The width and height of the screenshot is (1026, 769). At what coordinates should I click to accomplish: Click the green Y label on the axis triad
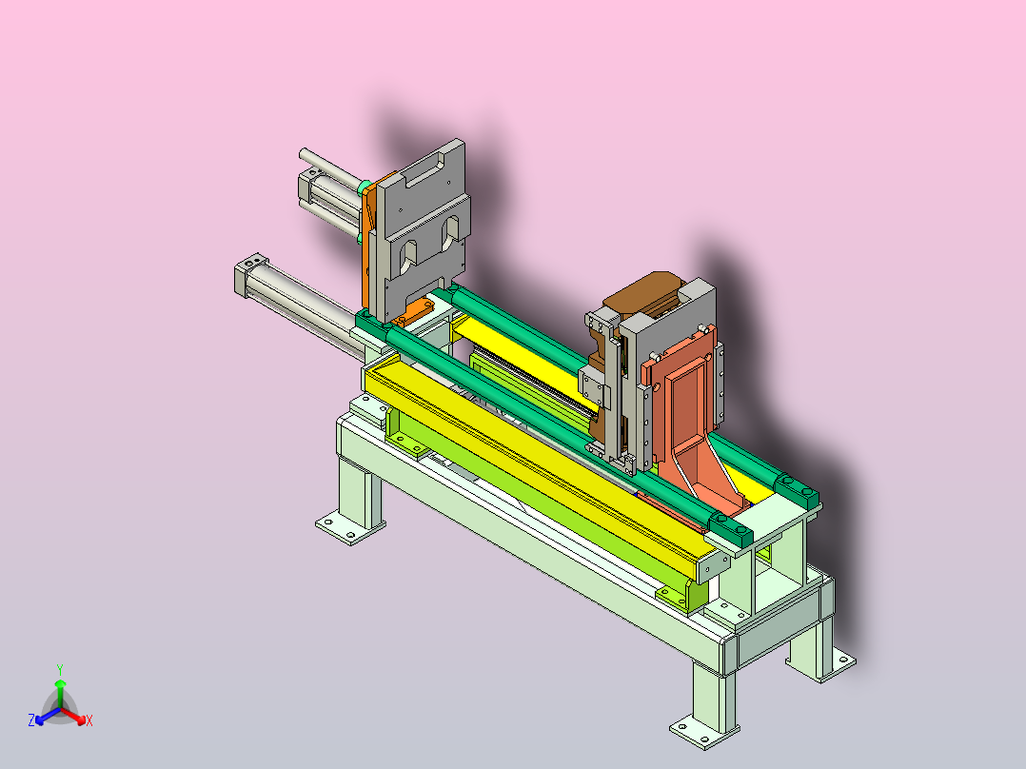[60, 669]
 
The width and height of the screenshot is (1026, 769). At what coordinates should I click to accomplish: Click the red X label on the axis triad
[89, 720]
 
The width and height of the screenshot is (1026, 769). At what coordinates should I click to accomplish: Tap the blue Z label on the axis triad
[30, 720]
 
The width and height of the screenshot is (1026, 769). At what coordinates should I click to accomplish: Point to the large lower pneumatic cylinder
[301, 307]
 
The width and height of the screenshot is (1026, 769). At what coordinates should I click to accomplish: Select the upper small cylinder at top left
[330, 196]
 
